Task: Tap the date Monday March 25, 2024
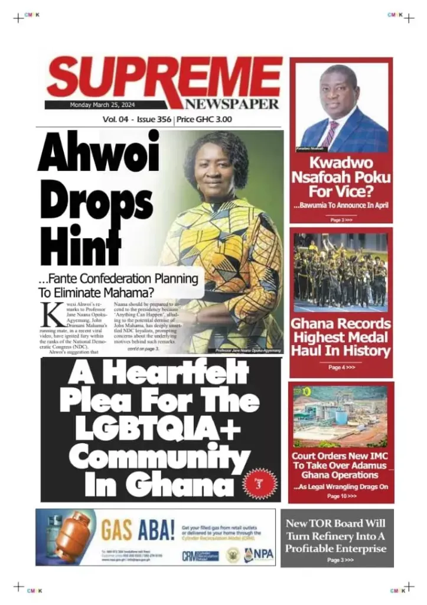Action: [x=106, y=105]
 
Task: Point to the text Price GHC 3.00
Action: [x=205, y=119]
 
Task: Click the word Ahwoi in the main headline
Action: [x=99, y=153]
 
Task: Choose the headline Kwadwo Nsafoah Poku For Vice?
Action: [x=341, y=177]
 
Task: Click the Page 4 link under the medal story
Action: [x=341, y=367]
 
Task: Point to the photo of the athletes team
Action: [x=341, y=272]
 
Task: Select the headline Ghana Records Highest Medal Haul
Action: [x=341, y=337]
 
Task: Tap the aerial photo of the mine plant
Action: [x=341, y=417]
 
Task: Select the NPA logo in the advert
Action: [x=257, y=555]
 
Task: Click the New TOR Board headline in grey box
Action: [x=336, y=536]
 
